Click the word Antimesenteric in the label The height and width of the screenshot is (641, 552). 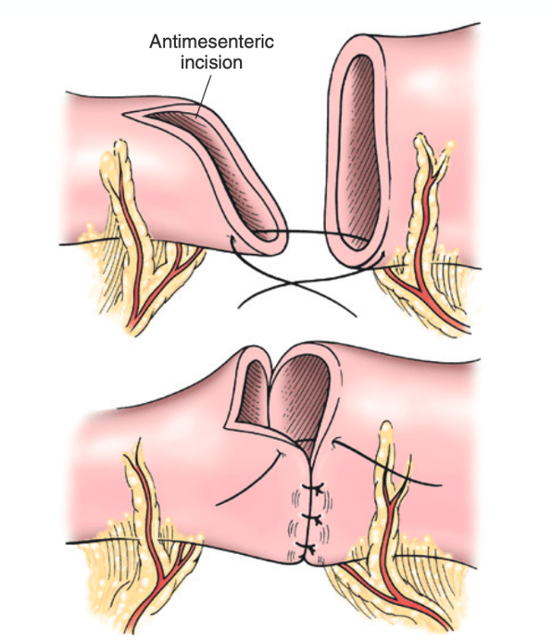click(211, 42)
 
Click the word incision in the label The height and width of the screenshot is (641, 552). click(211, 63)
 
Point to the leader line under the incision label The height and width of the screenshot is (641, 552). click(204, 96)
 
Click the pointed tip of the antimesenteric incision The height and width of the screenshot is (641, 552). click(124, 115)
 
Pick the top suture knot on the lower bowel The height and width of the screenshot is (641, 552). click(314, 487)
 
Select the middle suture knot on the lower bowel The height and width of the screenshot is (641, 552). click(313, 519)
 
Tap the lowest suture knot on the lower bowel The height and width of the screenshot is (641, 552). click(307, 547)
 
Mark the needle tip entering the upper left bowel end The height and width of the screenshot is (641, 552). click(232, 237)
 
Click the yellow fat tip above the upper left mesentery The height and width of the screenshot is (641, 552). click(119, 144)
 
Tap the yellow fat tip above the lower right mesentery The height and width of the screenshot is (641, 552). click(386, 425)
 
